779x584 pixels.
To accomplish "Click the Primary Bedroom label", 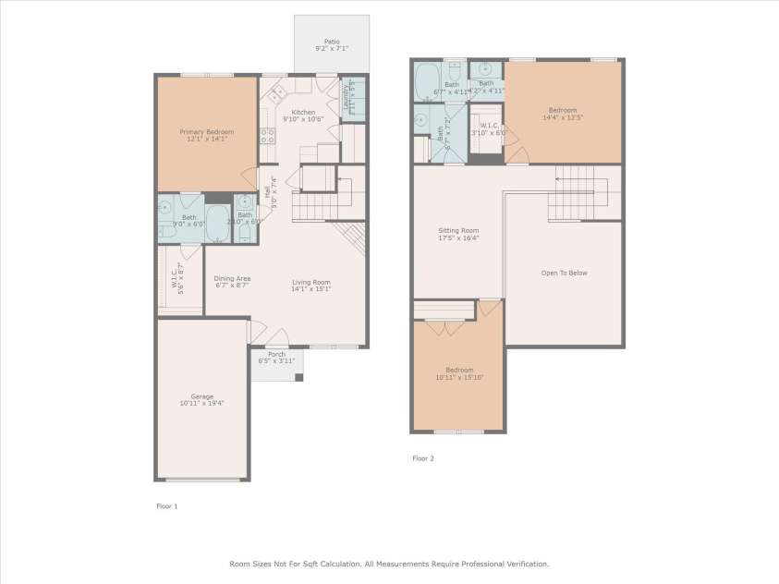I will coord(204,131).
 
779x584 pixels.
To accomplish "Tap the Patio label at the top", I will coord(331,41).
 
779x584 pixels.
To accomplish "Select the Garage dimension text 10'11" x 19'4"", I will coord(201,403).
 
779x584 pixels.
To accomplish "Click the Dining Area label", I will coord(232,278).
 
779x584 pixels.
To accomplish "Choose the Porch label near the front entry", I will coord(276,354).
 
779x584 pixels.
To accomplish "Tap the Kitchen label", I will coord(303,112).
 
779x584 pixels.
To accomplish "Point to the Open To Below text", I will coord(564,273).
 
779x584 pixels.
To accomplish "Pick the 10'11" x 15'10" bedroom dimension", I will coord(458,377).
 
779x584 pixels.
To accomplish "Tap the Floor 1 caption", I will coord(166,505).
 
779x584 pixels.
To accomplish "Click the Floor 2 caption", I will coord(422,457).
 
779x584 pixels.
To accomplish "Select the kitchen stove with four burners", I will coord(266,136).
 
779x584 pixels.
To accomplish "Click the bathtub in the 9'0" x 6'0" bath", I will coord(217,223).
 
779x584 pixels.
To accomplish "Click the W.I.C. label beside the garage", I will coord(174,274).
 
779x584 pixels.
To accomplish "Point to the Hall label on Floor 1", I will coord(268,193).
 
